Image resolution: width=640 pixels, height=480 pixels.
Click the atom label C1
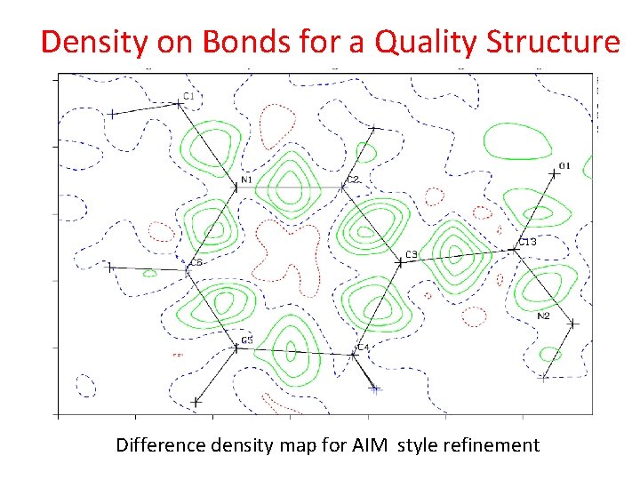tap(189, 95)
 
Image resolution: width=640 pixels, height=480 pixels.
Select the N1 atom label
tap(247, 180)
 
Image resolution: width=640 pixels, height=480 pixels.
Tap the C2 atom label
tap(353, 180)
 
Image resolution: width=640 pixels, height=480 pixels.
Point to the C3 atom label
tap(411, 255)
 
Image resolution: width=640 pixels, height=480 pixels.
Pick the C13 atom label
tap(528, 242)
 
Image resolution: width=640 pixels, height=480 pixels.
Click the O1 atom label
tap(564, 166)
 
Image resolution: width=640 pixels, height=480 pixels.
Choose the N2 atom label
tap(543, 316)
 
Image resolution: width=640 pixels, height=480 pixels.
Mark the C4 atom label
tap(363, 347)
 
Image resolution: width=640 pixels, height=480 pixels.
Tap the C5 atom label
tap(247, 340)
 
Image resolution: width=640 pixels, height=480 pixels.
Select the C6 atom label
tap(196, 262)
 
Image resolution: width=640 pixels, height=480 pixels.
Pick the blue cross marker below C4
tap(375, 388)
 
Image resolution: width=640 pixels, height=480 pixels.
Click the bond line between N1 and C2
tap(291, 187)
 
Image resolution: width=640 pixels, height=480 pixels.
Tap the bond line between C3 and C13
tap(457, 255)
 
